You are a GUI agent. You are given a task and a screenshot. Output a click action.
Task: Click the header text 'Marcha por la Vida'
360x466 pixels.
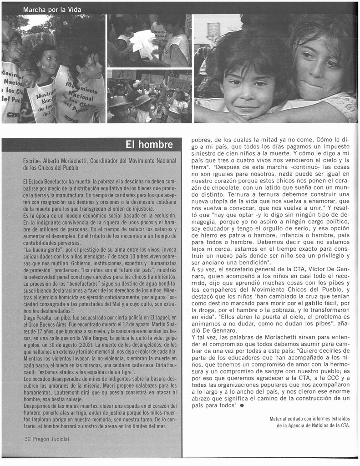(52, 10)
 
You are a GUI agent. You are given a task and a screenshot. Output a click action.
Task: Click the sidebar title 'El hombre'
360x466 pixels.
(149, 145)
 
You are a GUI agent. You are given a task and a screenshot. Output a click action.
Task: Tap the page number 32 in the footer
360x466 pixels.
(27, 439)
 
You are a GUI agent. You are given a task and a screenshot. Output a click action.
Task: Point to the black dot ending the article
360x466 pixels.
(242, 406)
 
